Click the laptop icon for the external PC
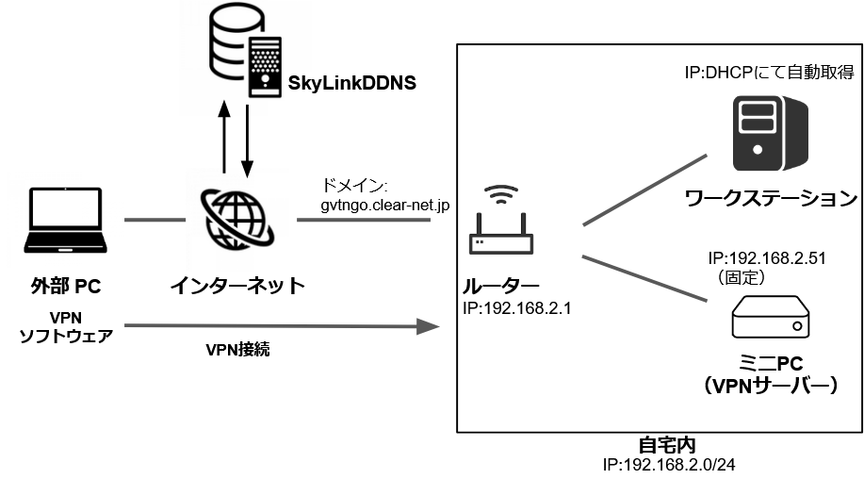tap(62, 222)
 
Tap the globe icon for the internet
tap(236, 218)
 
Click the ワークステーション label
tap(771, 199)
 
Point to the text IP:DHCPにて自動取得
tap(769, 73)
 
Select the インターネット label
tap(236, 284)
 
